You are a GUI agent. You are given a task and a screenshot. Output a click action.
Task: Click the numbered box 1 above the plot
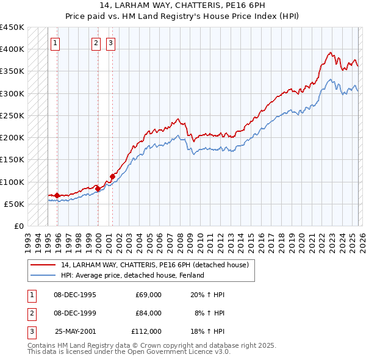point(56,43)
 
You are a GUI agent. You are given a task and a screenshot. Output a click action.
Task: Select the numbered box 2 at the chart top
point(96,43)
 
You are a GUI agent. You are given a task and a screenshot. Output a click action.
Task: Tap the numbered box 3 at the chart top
point(110,43)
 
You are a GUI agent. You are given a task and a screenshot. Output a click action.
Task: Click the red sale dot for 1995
point(57,195)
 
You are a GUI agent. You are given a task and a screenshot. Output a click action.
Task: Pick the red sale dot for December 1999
point(98,189)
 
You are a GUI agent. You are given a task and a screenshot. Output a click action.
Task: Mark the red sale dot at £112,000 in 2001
point(112,177)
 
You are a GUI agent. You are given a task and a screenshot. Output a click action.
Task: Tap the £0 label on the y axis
point(18,226)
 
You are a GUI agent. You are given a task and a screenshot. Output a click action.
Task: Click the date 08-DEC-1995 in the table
point(75,295)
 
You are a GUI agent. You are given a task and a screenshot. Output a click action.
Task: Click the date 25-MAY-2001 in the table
point(75,331)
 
